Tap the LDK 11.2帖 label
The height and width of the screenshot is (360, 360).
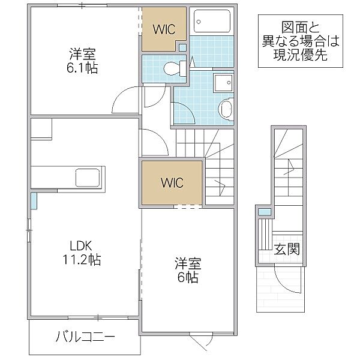(84, 253)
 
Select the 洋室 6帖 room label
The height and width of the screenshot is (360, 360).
(188, 270)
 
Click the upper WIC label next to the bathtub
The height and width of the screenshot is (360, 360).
(163, 29)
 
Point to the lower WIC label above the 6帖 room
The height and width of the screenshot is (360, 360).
(172, 181)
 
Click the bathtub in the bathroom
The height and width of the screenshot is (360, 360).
(213, 23)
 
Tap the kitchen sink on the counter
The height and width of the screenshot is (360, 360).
(89, 178)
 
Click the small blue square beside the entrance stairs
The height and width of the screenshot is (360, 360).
(262, 211)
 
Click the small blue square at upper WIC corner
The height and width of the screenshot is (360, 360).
(182, 47)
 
